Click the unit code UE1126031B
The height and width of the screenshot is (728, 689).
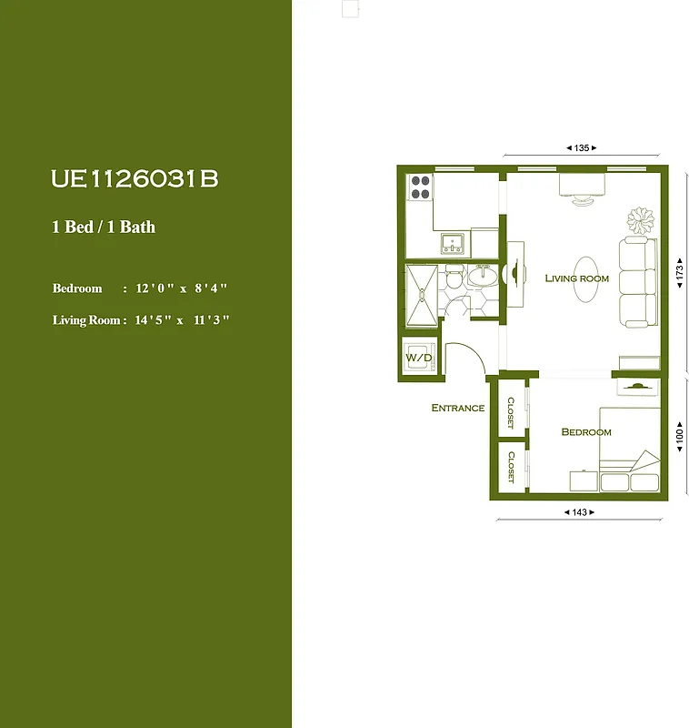click(135, 179)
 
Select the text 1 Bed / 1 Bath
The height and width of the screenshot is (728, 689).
click(104, 227)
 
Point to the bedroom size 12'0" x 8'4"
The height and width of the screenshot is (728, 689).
click(180, 288)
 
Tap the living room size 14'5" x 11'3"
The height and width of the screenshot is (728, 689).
click(182, 320)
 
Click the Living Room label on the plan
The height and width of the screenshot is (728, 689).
click(576, 278)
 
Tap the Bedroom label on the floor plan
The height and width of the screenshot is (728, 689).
click(585, 432)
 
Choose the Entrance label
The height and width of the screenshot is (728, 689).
click(457, 408)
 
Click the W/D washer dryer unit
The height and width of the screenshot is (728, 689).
click(419, 357)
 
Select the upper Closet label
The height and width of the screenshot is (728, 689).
click(511, 412)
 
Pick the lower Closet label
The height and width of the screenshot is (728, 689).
click(511, 466)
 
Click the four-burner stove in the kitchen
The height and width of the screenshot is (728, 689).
click(420, 187)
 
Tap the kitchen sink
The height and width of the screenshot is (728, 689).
click(452, 243)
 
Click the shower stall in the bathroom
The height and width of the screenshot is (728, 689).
click(421, 294)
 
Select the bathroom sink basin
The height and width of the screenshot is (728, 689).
click(484, 275)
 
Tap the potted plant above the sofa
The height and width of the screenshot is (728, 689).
click(640, 220)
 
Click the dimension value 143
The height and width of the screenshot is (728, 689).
click(580, 512)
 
